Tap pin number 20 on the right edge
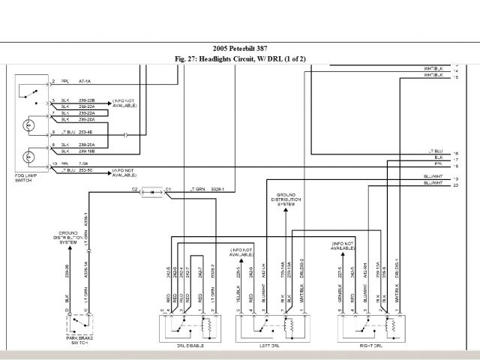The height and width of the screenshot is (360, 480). click(456, 184)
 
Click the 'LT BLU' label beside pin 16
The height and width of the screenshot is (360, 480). click(435, 151)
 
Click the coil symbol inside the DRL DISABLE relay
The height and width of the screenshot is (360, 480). click(209, 325)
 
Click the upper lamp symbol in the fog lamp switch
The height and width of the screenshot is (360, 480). click(29, 125)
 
